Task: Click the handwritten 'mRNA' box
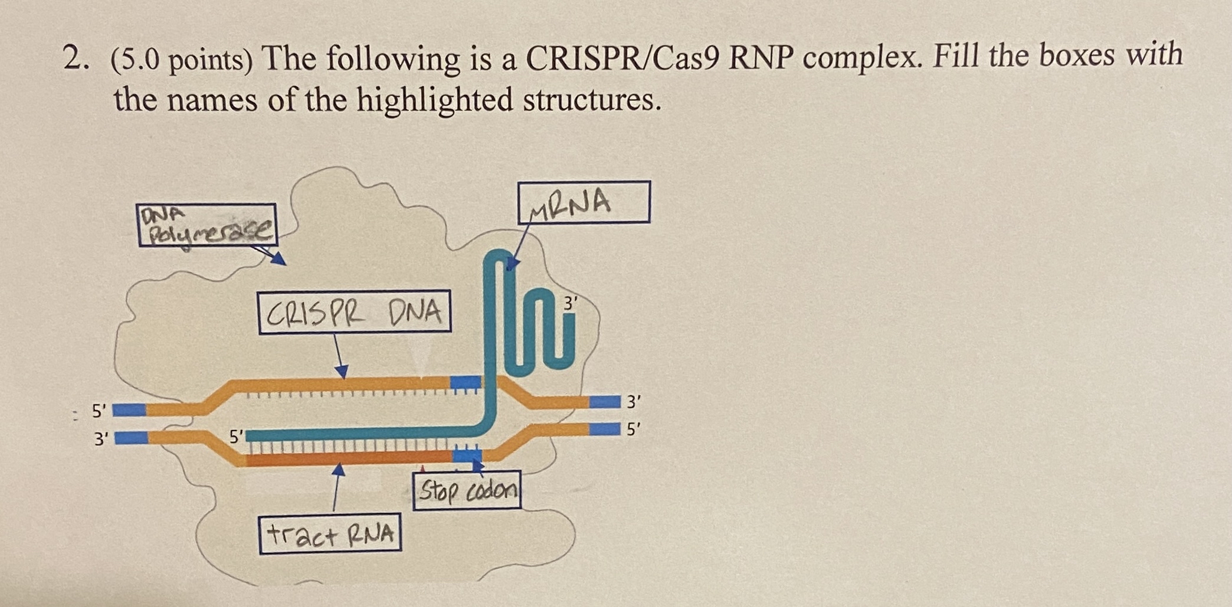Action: (x=584, y=202)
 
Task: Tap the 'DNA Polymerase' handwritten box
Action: (x=207, y=225)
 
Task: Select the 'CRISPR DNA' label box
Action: (x=355, y=311)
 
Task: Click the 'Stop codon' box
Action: (x=467, y=490)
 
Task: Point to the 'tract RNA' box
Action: (x=330, y=533)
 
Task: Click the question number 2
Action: (x=76, y=59)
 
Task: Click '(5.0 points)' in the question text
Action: (x=182, y=60)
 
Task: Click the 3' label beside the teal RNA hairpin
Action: (x=571, y=304)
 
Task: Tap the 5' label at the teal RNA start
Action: (x=236, y=437)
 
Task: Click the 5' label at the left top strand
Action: (x=99, y=410)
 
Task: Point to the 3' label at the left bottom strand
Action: (x=101, y=439)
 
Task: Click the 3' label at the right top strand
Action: (x=633, y=402)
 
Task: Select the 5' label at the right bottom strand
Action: (x=633, y=429)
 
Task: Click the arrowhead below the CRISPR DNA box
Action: (x=341, y=372)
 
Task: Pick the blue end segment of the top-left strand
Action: (x=129, y=409)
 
